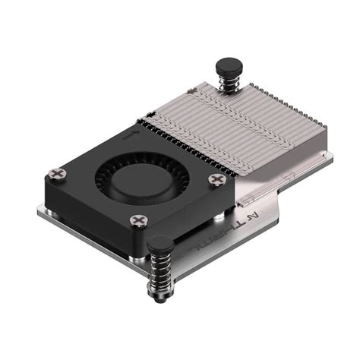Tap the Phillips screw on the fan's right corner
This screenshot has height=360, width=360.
(x=217, y=180)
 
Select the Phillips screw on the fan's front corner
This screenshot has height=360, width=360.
(x=137, y=220)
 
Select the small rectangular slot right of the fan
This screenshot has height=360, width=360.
(x=245, y=202)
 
